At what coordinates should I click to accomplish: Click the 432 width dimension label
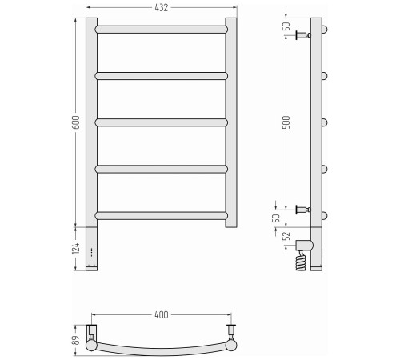[x=162, y=8]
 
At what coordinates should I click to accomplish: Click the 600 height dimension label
[x=77, y=122]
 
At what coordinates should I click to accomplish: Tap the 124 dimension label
[x=76, y=248]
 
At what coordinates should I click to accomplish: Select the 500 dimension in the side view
[x=286, y=122]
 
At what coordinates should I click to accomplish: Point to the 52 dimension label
[x=286, y=236]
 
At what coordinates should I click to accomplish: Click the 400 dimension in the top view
[x=162, y=315]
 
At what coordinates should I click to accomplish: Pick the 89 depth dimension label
[x=77, y=340]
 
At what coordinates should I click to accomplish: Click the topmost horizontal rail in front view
[x=162, y=30]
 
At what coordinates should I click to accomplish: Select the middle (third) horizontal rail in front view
[x=162, y=122]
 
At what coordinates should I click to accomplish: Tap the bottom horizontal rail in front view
[x=162, y=215]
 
